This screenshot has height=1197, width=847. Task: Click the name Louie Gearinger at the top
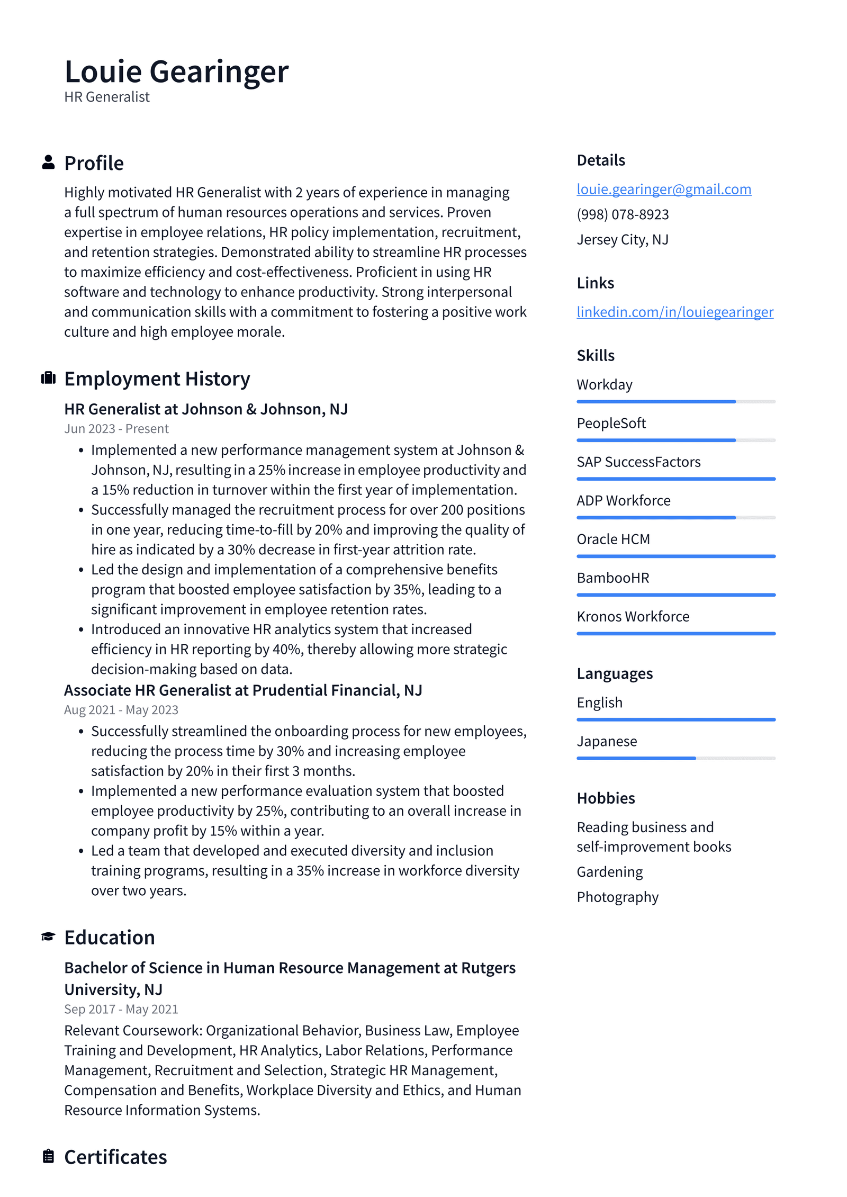(176, 71)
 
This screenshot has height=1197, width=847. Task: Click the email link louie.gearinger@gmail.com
(663, 189)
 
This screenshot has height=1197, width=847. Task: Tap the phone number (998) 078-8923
(623, 214)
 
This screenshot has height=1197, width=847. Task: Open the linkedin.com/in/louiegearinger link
(674, 312)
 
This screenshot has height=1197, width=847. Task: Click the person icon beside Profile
(48, 163)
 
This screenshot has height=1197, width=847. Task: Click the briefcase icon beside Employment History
(48, 378)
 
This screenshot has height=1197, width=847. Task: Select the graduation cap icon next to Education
(48, 937)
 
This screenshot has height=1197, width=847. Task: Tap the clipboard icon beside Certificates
(48, 1156)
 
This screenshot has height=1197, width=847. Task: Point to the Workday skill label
(604, 384)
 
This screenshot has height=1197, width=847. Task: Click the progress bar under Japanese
(675, 758)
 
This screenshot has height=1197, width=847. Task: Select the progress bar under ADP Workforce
(675, 517)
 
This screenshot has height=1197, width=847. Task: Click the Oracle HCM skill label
(613, 539)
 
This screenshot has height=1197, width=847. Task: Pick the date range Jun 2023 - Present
(116, 429)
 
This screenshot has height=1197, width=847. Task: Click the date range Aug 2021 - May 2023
(121, 710)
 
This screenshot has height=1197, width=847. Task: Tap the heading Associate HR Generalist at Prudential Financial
(242, 690)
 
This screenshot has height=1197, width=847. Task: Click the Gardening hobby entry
(609, 872)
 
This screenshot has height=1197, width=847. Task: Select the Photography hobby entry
(617, 897)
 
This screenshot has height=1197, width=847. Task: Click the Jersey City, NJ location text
(622, 240)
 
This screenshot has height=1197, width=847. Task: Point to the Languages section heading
(614, 673)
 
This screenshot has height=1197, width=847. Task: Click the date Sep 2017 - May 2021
(121, 1009)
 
